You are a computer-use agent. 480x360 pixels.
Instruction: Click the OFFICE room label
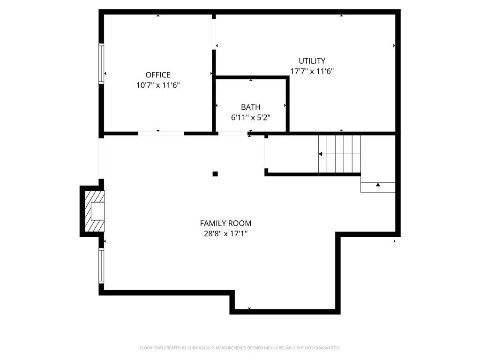158,75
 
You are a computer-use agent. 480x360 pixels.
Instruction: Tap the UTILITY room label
312,60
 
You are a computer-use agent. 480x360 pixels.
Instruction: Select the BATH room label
251,107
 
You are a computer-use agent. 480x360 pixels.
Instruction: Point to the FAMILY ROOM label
225,223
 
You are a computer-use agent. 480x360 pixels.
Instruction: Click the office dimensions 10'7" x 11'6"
158,85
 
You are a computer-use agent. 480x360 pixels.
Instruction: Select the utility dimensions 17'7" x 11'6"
312,71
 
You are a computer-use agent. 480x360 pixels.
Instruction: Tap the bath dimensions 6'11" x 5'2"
251,118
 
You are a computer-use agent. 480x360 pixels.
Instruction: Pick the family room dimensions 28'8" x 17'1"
225,234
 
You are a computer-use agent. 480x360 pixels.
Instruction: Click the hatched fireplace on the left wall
95,211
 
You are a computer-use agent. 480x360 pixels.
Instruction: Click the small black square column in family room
215,174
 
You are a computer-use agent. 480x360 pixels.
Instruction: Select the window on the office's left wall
101,63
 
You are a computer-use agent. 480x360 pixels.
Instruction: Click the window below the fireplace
101,265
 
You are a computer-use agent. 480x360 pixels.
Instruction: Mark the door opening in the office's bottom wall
161,134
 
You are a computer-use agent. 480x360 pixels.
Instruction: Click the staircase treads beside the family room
339,154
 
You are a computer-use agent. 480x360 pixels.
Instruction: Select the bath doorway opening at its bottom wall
232,134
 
